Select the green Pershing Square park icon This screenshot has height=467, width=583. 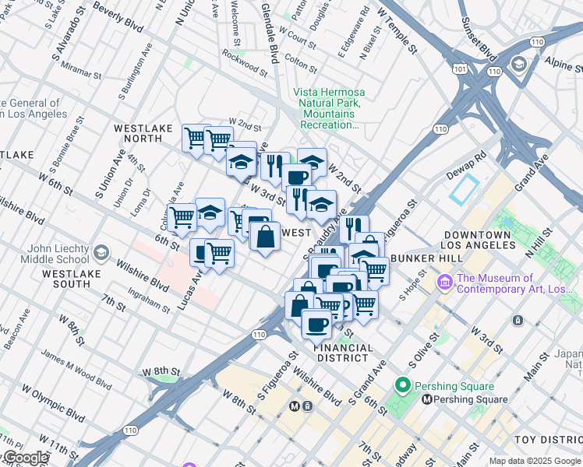tap(403, 385)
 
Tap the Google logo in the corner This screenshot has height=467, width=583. tap(25, 458)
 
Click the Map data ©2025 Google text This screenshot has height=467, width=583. tap(534, 461)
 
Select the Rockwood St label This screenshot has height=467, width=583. tap(245, 64)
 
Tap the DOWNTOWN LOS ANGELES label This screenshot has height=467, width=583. tap(477, 240)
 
